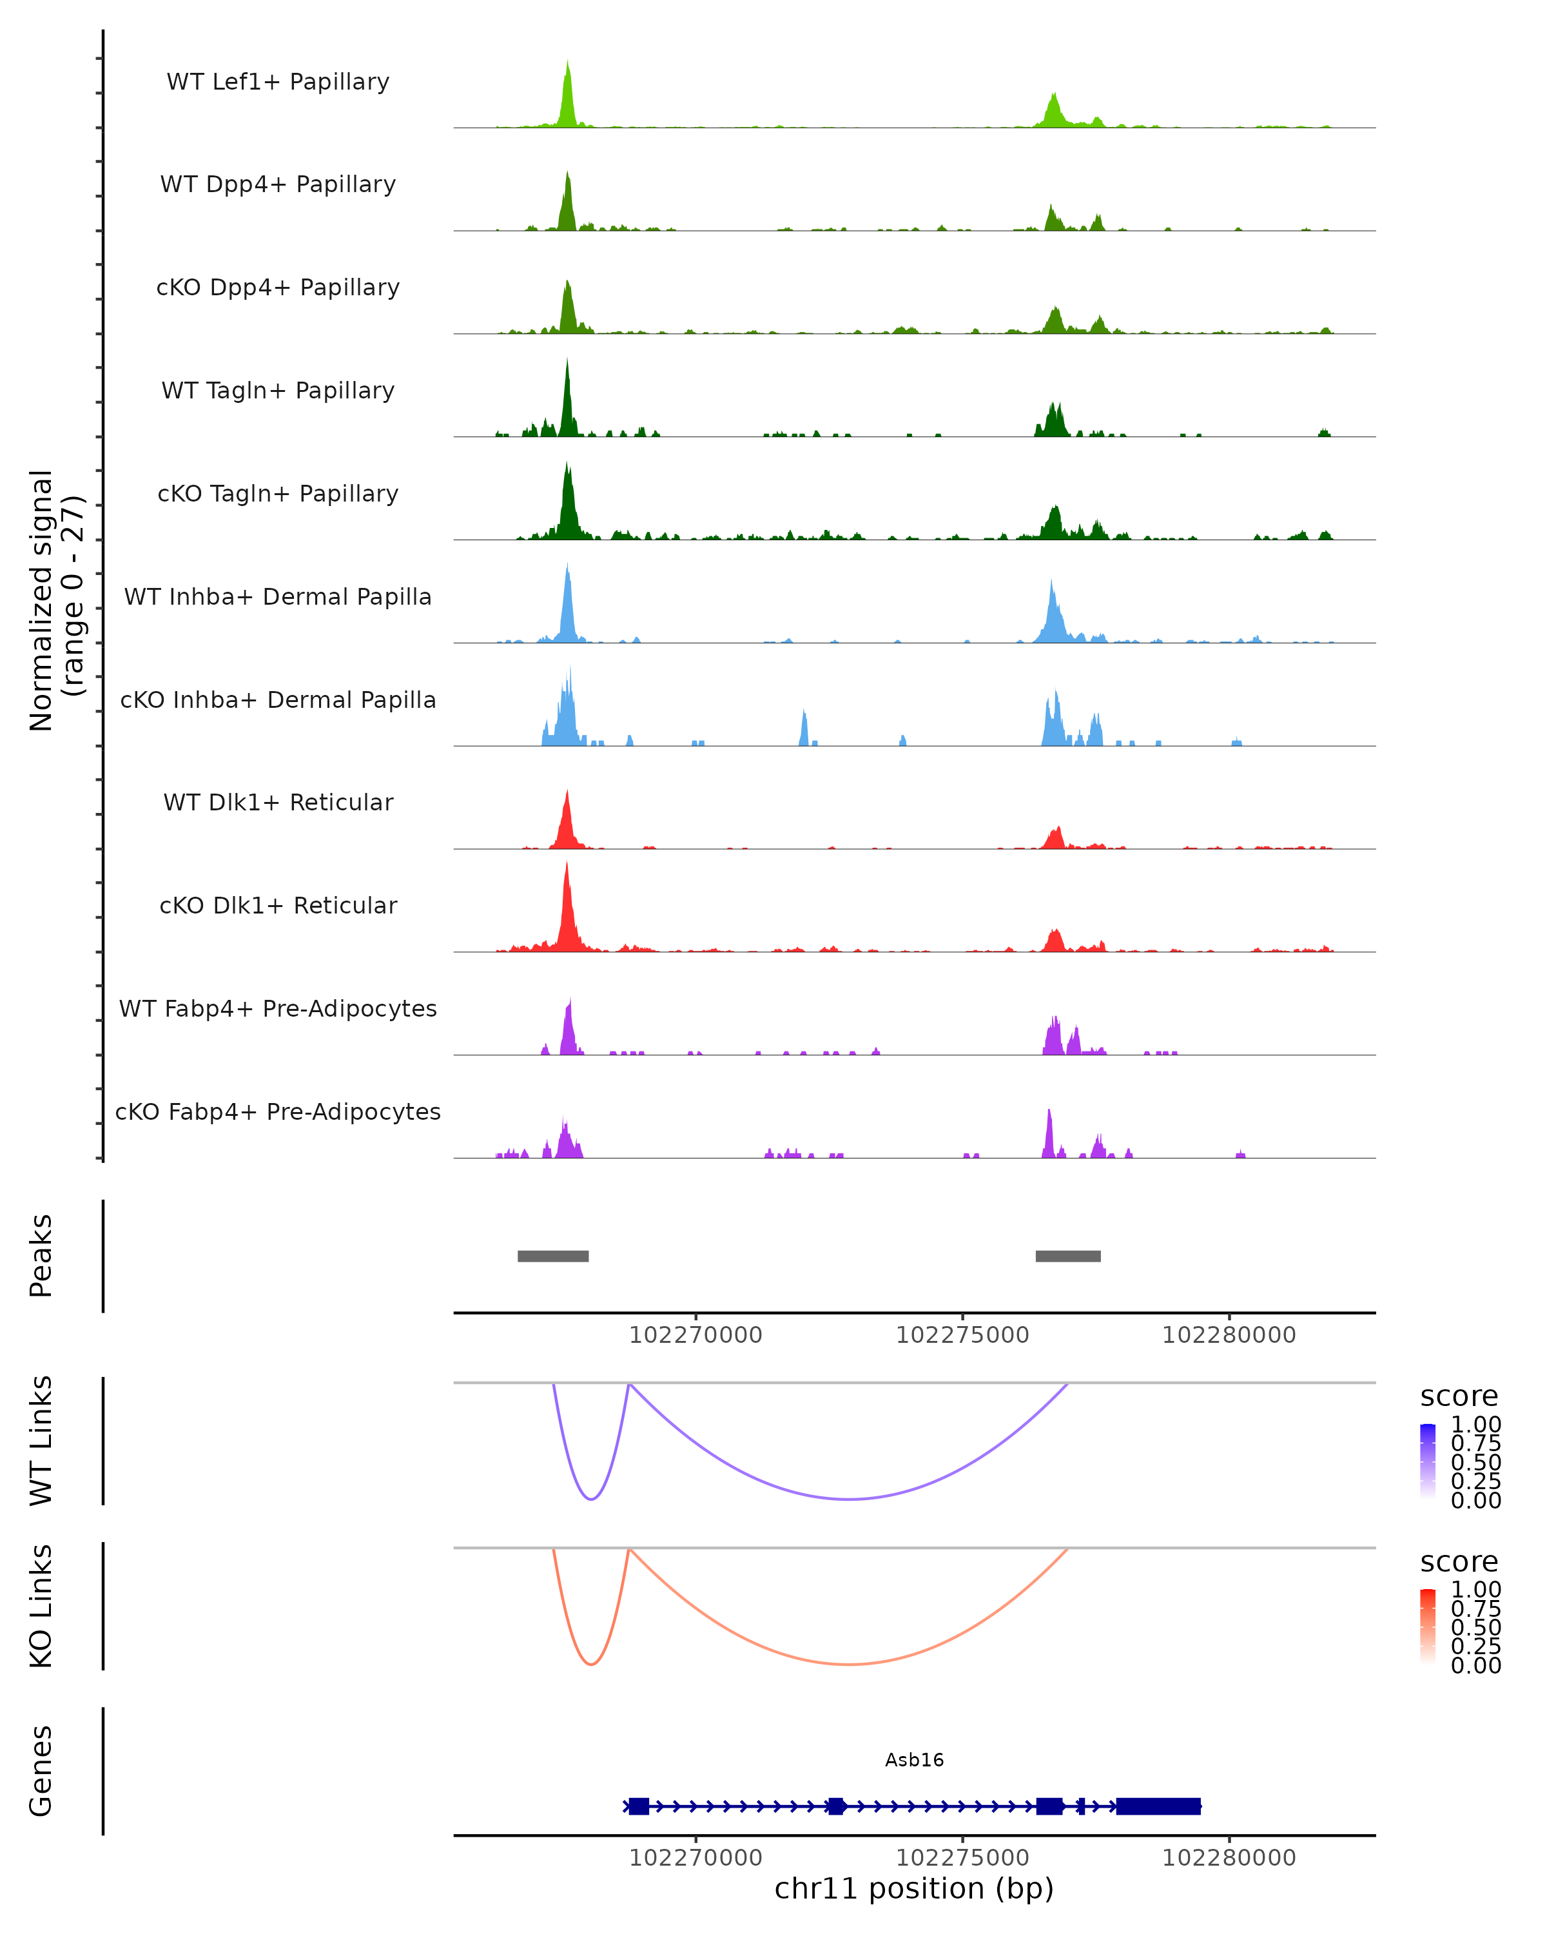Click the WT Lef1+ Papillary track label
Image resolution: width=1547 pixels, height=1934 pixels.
[x=278, y=82]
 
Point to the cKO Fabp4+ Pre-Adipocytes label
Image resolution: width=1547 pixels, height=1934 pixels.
[x=278, y=1111]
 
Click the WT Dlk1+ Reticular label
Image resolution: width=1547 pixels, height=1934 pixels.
[x=278, y=802]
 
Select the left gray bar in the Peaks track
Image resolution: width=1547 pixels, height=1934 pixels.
[x=553, y=1256]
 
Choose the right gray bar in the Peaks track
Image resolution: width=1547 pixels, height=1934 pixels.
[x=1068, y=1256]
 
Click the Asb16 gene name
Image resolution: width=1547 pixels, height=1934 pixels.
[x=915, y=1760]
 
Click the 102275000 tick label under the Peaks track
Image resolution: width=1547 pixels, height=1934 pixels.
[x=962, y=1335]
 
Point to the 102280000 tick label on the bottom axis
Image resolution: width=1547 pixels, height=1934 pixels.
[x=1229, y=1858]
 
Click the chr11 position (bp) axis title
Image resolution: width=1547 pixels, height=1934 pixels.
[x=914, y=1888]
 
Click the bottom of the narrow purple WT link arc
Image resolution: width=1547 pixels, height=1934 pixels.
[x=591, y=1498]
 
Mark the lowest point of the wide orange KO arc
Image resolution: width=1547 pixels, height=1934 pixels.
[x=850, y=1664]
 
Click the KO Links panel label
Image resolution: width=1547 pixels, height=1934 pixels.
[x=41, y=1606]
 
